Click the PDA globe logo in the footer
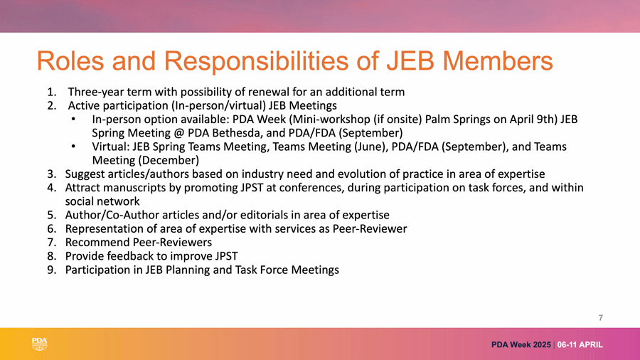[x=40, y=344]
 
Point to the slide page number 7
[x=600, y=317]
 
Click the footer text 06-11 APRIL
[x=580, y=344]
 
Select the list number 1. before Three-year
[x=52, y=92]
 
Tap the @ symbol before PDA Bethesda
[x=179, y=133]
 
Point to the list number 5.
[x=52, y=215]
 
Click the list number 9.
[x=52, y=270]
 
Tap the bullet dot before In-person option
[x=73, y=120]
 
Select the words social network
[x=102, y=201]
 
